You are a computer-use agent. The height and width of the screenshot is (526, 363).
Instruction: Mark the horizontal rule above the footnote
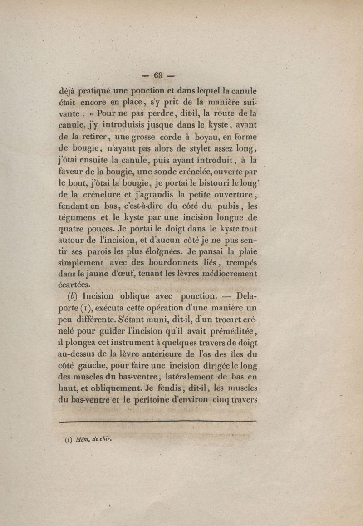click(x=158, y=422)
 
